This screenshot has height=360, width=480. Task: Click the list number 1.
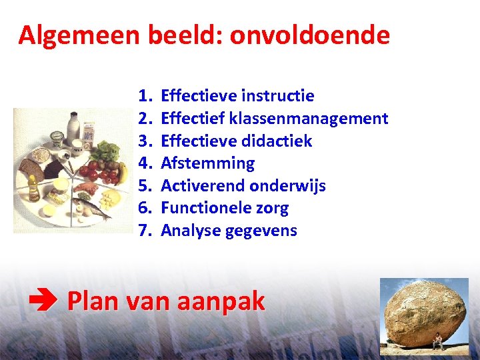pos(145,96)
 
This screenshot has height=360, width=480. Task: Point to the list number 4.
pos(145,163)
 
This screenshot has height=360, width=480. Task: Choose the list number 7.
pos(145,231)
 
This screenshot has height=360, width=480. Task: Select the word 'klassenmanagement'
pos(309,119)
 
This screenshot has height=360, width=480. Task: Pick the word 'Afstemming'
pos(208,163)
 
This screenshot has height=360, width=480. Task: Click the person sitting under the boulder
pos(437,343)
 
